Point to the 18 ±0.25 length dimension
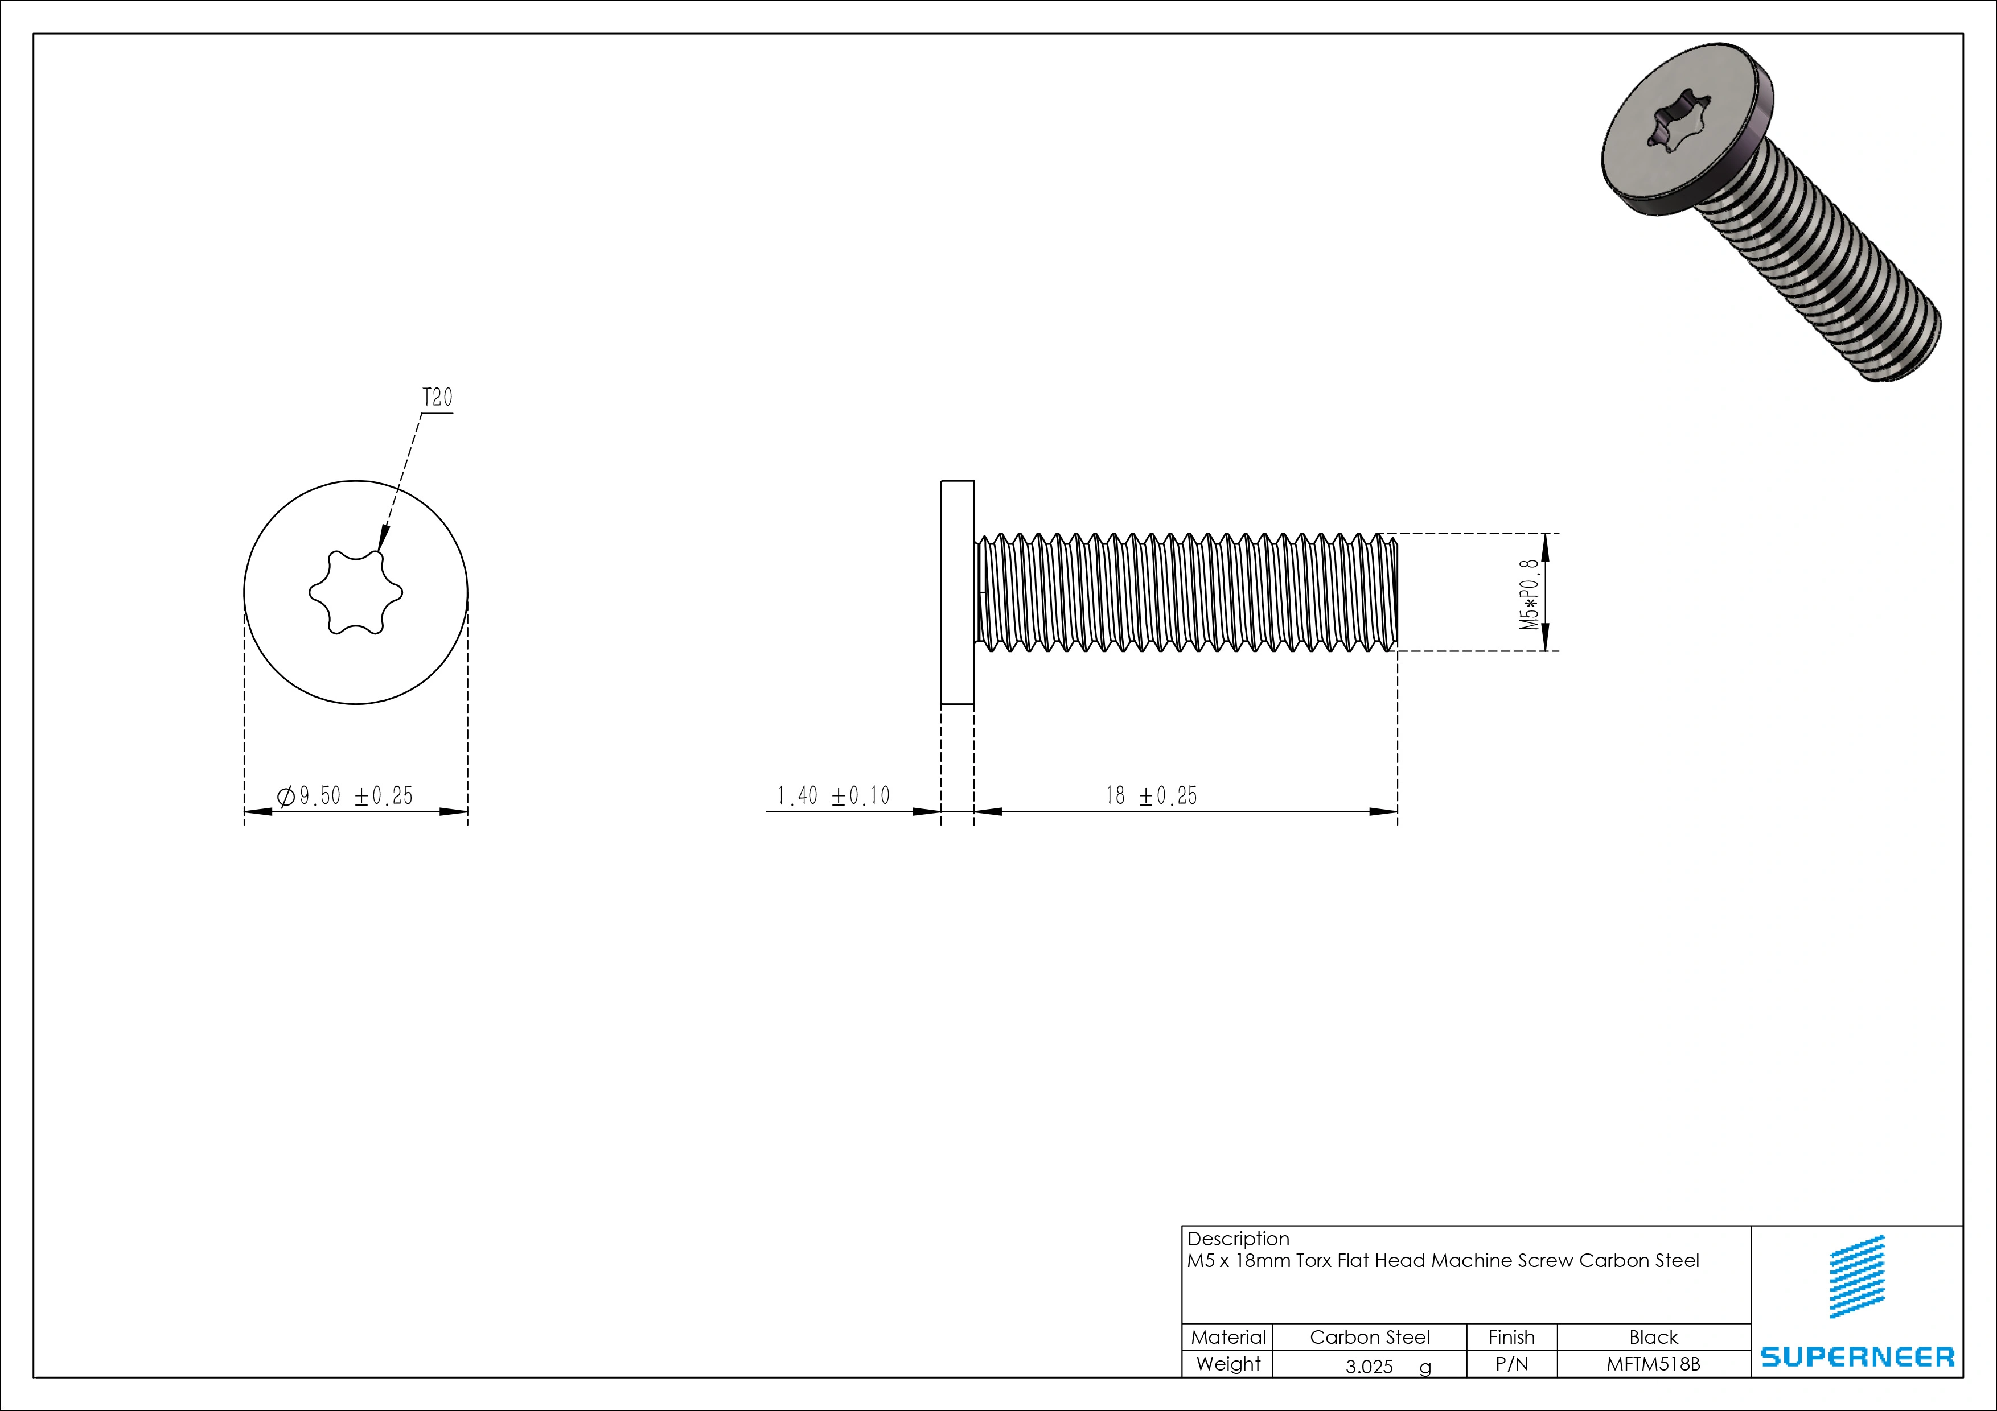(1150, 795)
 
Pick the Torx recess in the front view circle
(356, 593)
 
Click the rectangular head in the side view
(957, 592)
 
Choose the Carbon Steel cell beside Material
(1369, 1337)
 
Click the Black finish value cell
(1653, 1337)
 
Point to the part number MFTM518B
(1653, 1364)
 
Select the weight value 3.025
(1369, 1367)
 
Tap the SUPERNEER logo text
(1857, 1357)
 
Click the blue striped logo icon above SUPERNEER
(1857, 1276)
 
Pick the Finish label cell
(1511, 1337)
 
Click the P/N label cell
(1511, 1364)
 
